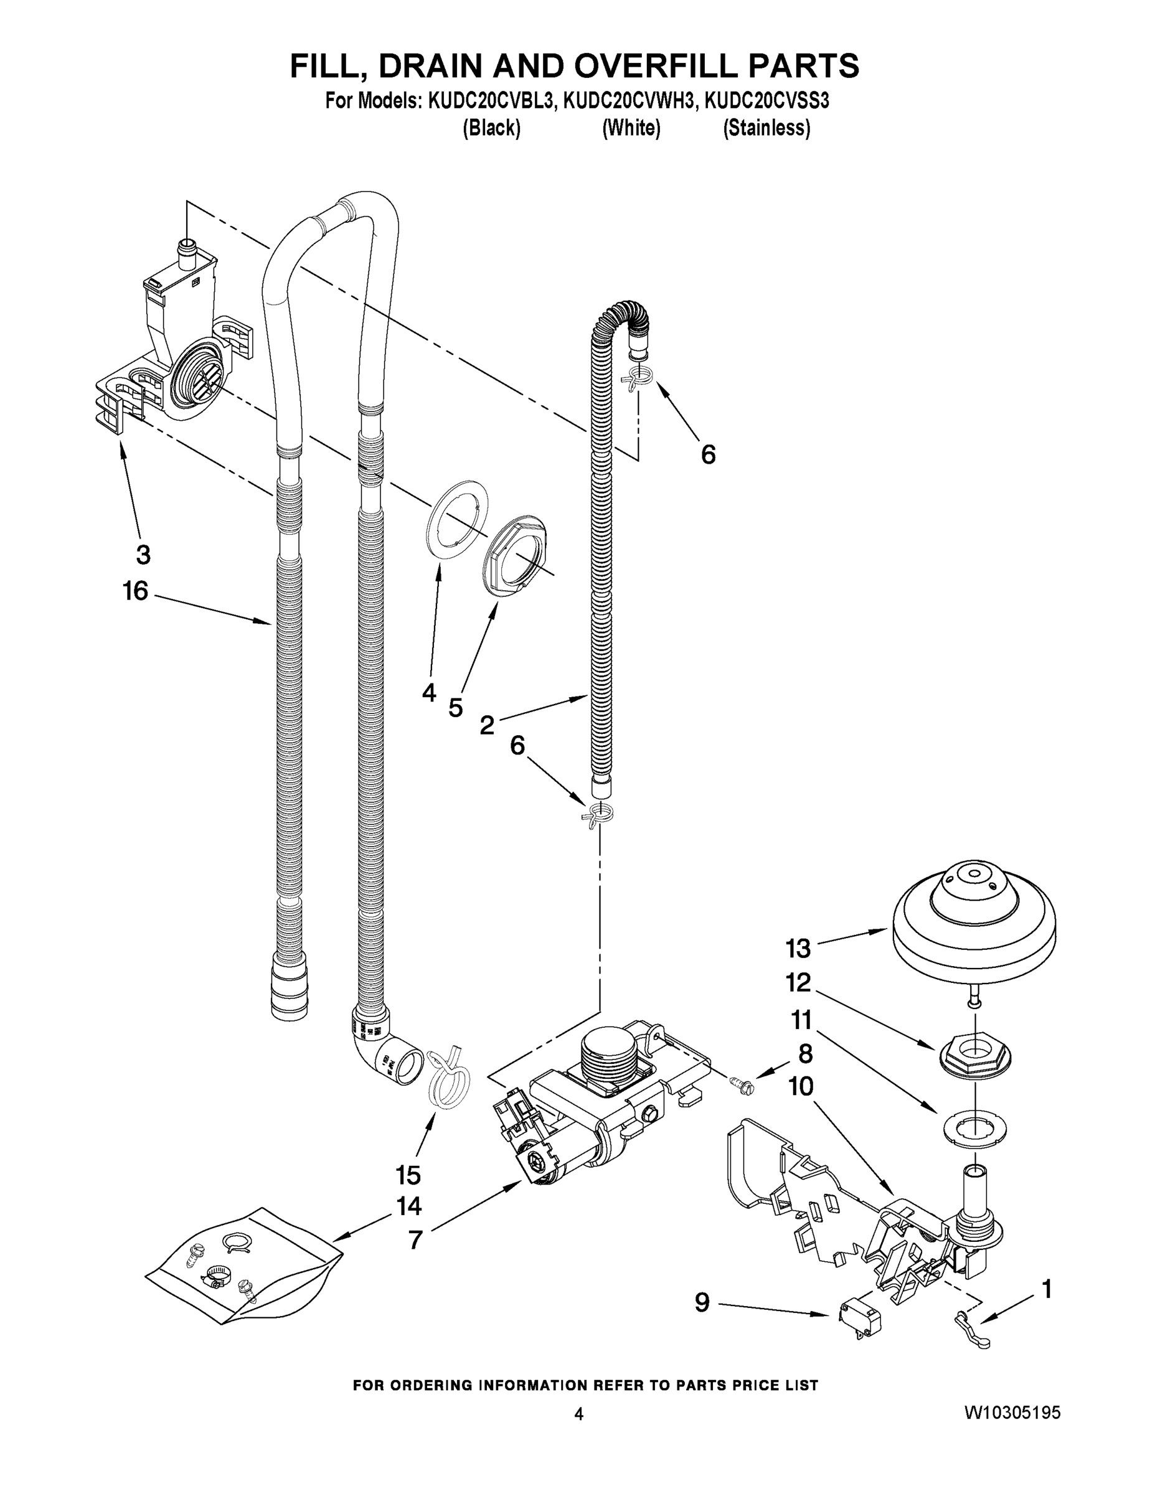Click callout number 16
pyautogui.click(x=136, y=591)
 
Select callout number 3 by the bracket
pyautogui.click(x=143, y=554)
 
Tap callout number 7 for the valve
pyautogui.click(x=415, y=1239)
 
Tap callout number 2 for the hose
pyautogui.click(x=486, y=725)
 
